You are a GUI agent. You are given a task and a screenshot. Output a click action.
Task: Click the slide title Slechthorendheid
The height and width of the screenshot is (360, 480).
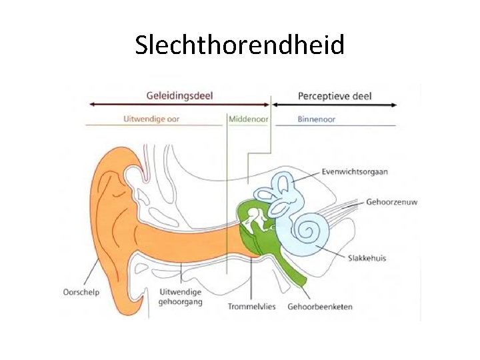point(239,45)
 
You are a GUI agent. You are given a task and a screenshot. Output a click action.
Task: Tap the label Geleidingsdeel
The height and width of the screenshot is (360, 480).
point(179,95)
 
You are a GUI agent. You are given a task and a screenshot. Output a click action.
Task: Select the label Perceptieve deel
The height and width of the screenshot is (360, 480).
point(335,95)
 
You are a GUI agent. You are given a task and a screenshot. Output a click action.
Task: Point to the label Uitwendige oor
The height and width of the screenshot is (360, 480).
point(151,120)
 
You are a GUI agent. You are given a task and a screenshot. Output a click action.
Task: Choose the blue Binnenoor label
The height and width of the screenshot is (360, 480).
point(316,120)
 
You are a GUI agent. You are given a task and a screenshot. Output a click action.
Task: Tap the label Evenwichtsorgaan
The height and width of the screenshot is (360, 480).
point(353,171)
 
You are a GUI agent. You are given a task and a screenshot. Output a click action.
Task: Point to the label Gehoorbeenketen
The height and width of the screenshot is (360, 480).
point(320,307)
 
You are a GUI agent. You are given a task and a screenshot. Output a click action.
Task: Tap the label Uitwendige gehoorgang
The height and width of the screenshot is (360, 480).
point(181,297)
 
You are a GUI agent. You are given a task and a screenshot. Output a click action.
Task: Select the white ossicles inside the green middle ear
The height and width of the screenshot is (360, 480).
point(254,220)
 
